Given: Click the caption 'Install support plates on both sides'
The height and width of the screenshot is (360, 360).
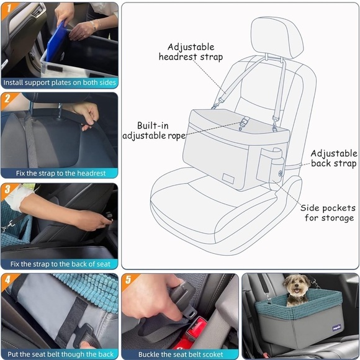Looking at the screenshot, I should tap(59, 83).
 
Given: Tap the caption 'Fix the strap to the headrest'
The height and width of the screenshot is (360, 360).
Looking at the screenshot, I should tap(59, 173).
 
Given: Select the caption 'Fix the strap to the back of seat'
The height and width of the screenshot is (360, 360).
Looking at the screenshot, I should tap(59, 264).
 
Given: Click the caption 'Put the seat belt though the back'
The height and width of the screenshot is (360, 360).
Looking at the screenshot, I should tap(59, 354).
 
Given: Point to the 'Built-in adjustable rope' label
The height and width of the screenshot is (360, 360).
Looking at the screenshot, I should tap(154, 130).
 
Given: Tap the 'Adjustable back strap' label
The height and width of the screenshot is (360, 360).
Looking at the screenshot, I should tap(334, 159).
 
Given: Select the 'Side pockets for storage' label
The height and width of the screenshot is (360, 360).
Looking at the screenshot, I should tap(328, 213).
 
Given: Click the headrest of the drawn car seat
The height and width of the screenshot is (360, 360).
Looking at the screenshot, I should tap(276, 37).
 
